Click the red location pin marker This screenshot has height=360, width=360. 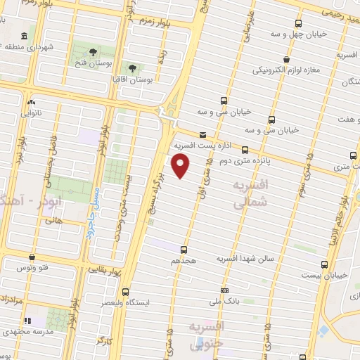(x=181, y=166)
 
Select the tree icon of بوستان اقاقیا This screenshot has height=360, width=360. (x=132, y=67)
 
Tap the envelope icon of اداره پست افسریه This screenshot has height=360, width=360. (x=203, y=134)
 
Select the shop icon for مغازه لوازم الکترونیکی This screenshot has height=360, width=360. (x=285, y=59)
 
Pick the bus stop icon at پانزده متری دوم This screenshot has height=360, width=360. (x=245, y=149)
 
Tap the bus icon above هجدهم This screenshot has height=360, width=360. (x=184, y=249)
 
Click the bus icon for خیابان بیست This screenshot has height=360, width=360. (x=324, y=264)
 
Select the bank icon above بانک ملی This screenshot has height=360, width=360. (x=224, y=290)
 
